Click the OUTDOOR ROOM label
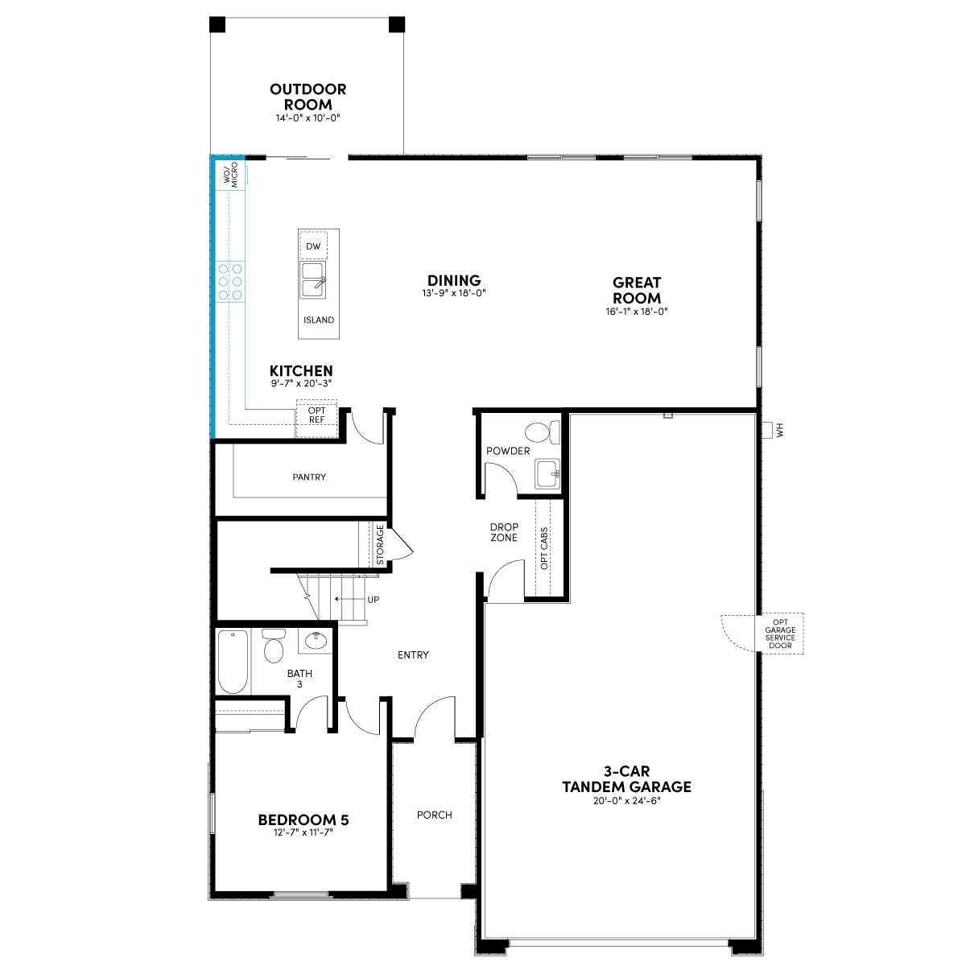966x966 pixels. click(x=308, y=97)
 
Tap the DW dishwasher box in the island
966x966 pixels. click(x=313, y=246)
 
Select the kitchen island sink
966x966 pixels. click(x=313, y=279)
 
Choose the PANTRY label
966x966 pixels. click(x=309, y=477)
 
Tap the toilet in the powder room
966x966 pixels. click(x=542, y=432)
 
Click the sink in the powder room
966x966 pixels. click(x=547, y=473)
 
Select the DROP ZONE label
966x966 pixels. click(x=504, y=532)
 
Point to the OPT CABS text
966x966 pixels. click(x=544, y=548)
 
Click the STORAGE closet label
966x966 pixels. click(x=380, y=544)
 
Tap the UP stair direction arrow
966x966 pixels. click(x=349, y=599)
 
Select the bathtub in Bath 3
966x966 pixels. click(x=233, y=662)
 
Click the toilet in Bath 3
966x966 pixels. click(x=273, y=646)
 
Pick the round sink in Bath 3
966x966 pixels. click(x=316, y=640)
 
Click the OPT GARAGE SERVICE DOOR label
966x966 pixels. click(x=780, y=634)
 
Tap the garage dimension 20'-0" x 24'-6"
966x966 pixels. click(x=626, y=800)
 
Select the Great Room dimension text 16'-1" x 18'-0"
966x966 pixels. click(x=636, y=312)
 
